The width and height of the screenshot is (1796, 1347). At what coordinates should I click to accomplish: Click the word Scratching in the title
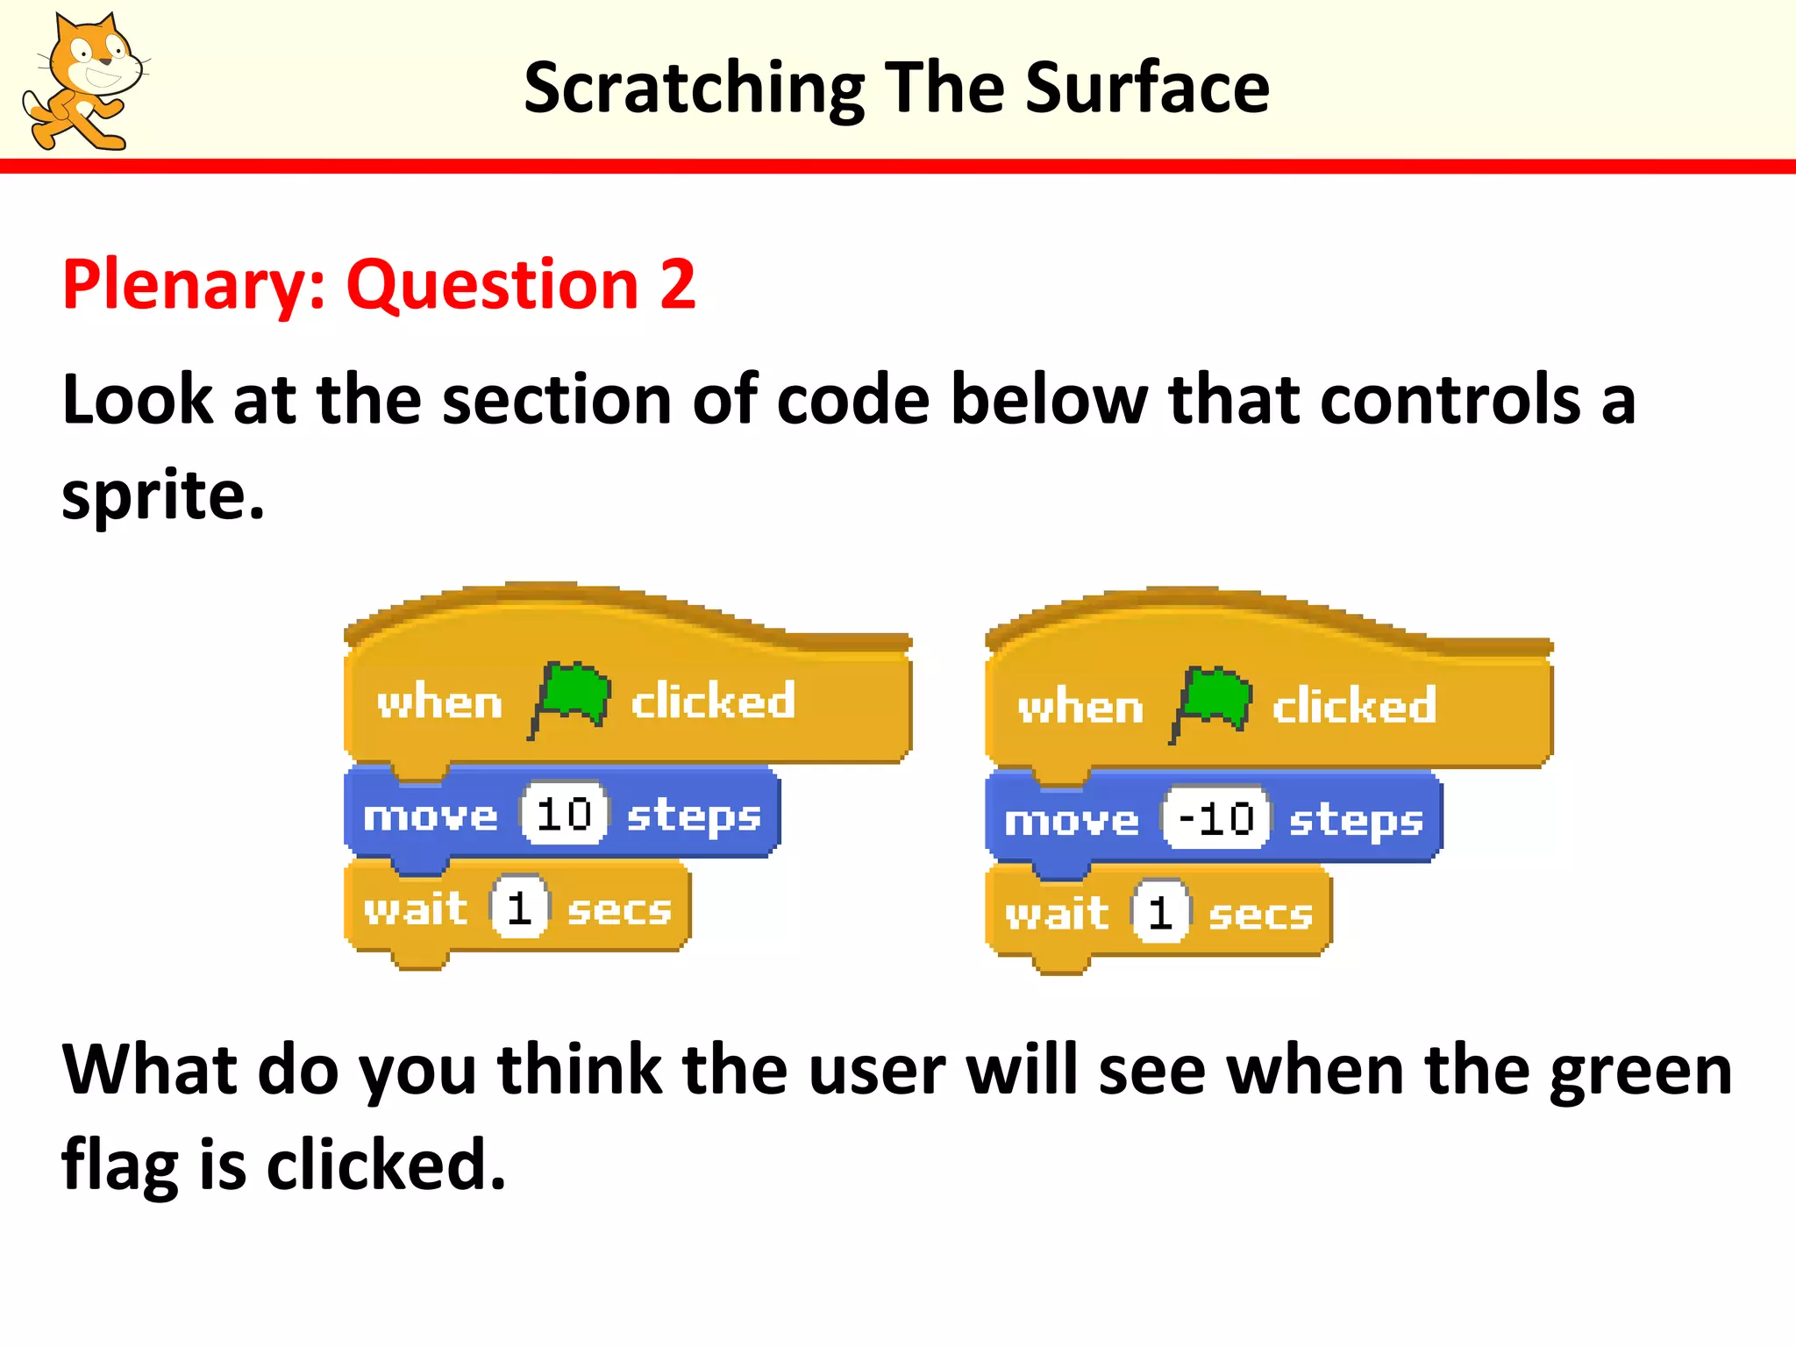point(694,89)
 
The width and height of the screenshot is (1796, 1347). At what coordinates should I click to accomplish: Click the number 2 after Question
point(677,284)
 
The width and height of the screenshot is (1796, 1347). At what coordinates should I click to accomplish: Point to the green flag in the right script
point(1213,702)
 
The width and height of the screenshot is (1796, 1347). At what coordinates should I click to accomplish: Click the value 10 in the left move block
point(563,815)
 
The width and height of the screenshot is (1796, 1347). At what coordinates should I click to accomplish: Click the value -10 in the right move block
point(1215,819)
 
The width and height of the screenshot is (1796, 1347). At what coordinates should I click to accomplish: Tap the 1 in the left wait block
point(519,908)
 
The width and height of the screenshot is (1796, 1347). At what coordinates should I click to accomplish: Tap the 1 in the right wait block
point(1160,913)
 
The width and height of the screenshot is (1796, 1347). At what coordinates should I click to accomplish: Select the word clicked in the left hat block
point(713,701)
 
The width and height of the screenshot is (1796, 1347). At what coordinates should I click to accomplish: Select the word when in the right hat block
point(1080,707)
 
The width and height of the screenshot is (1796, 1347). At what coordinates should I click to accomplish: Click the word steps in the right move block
point(1355,822)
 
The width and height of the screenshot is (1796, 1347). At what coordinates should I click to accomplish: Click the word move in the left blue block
point(431,816)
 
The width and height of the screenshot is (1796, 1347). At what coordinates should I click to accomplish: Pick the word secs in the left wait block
point(619,910)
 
